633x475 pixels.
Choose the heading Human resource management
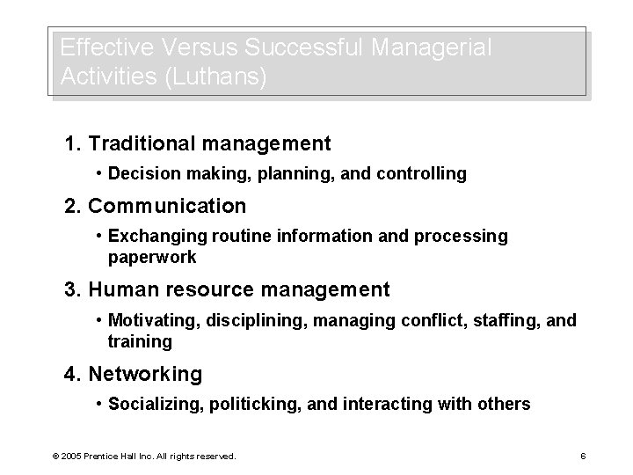(x=227, y=289)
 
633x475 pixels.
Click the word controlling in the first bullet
(x=423, y=174)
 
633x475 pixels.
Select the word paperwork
(x=152, y=258)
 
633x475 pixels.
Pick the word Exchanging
(x=156, y=237)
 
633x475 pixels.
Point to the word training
(x=140, y=341)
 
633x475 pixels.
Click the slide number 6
(x=583, y=456)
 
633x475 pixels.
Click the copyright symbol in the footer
(x=55, y=456)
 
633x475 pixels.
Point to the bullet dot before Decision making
(x=102, y=174)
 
